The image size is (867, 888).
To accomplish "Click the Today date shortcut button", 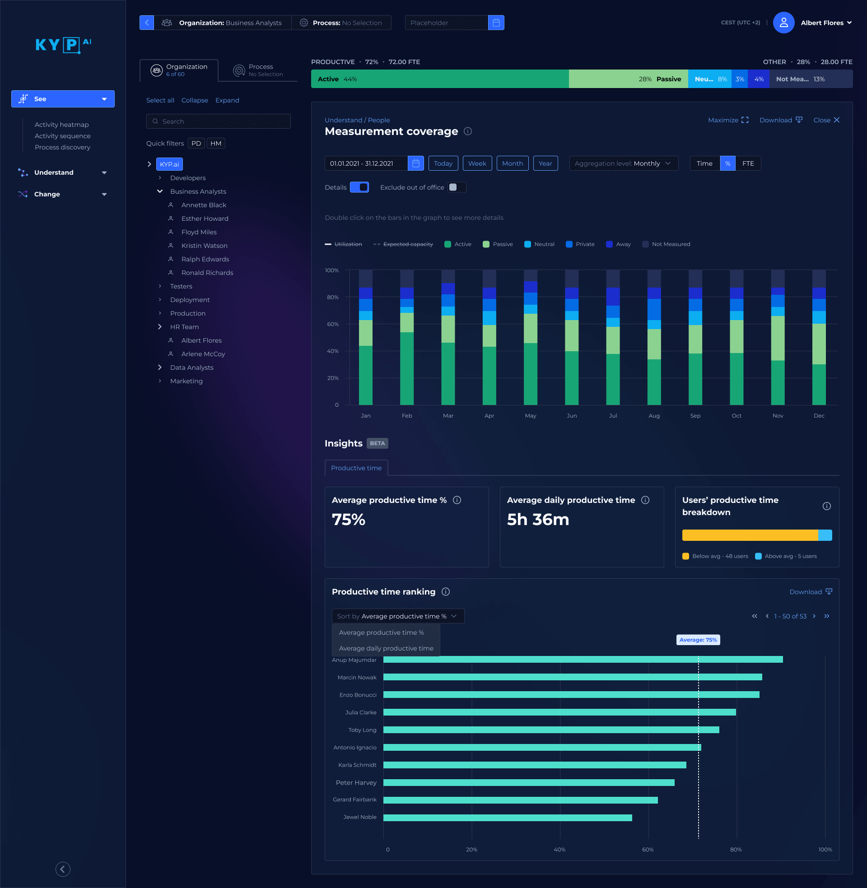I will click(443, 163).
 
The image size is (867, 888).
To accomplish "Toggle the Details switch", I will click(359, 187).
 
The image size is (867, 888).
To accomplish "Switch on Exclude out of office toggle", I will click(456, 187).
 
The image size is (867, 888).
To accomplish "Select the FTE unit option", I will click(748, 163).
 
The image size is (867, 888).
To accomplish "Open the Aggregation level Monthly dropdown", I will click(623, 163).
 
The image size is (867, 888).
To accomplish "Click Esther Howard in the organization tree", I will click(205, 219).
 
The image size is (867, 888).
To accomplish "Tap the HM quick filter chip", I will click(216, 144).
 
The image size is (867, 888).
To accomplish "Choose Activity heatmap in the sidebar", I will click(61, 125).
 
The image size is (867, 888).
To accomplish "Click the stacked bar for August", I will click(654, 346).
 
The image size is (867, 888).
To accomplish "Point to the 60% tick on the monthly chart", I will click(332, 324).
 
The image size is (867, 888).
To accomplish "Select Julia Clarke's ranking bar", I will click(559, 712).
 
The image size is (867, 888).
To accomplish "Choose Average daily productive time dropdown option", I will click(386, 648).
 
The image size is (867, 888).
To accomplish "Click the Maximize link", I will click(727, 120).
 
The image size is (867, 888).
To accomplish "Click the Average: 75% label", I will click(698, 640).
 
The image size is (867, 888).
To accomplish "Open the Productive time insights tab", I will click(356, 468).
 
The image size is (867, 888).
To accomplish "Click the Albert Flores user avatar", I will click(783, 23).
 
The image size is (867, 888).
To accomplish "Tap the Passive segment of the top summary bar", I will click(628, 79).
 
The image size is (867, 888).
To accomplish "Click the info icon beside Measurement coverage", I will click(468, 131).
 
